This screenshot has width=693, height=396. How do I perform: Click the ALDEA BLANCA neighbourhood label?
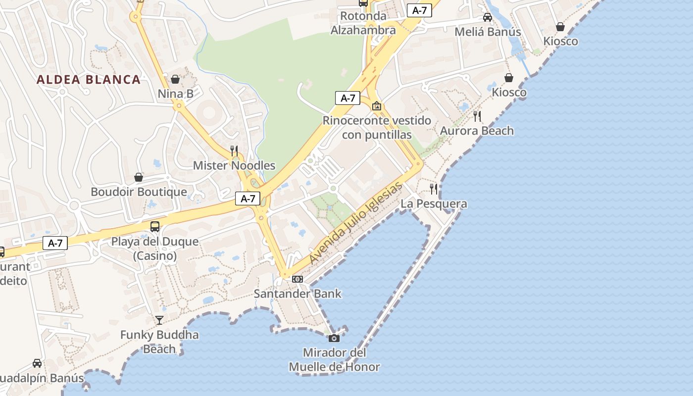[89, 80]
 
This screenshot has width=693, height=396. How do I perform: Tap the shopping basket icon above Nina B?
[175, 79]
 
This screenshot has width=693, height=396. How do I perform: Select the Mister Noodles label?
[234, 165]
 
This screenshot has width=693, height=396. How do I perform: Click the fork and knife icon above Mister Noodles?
[234, 150]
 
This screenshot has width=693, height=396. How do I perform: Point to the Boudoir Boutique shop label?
[139, 192]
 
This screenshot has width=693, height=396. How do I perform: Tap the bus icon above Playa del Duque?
[155, 227]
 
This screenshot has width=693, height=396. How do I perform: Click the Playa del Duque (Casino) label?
[155, 248]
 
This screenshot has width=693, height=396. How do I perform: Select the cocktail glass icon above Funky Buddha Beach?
[159, 320]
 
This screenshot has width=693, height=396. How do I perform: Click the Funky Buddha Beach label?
[159, 342]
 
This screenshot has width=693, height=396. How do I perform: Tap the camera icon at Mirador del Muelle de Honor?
[334, 338]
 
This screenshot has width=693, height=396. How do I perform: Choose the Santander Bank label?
[297, 294]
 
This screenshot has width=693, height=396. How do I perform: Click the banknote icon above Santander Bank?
[297, 279]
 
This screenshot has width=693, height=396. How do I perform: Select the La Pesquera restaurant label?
[434, 203]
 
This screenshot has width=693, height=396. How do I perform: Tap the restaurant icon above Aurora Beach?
[477, 116]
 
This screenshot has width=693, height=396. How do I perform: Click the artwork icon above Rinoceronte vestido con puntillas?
[377, 106]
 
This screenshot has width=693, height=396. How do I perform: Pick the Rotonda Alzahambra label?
[363, 23]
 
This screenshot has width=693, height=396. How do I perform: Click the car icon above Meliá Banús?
[488, 17]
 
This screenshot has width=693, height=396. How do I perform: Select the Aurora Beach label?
[477, 131]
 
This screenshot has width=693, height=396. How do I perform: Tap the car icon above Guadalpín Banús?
[37, 363]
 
